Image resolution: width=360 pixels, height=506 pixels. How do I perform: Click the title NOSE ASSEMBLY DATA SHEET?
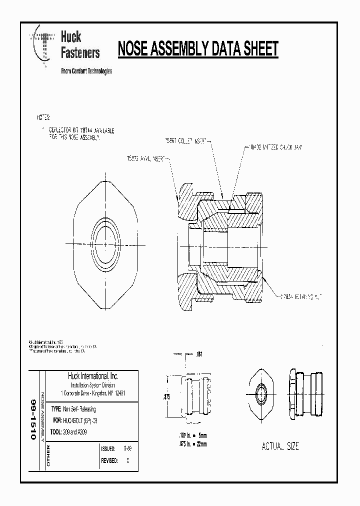pos(197,49)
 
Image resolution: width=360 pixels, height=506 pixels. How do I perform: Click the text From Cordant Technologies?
pos(86,71)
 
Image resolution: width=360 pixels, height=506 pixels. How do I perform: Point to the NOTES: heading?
pos(43,117)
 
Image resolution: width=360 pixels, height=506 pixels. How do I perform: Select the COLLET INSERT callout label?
pos(186,140)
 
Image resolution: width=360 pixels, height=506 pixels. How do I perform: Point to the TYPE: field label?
pos(56,409)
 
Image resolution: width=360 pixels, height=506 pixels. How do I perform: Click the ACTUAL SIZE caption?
pos(280,446)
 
